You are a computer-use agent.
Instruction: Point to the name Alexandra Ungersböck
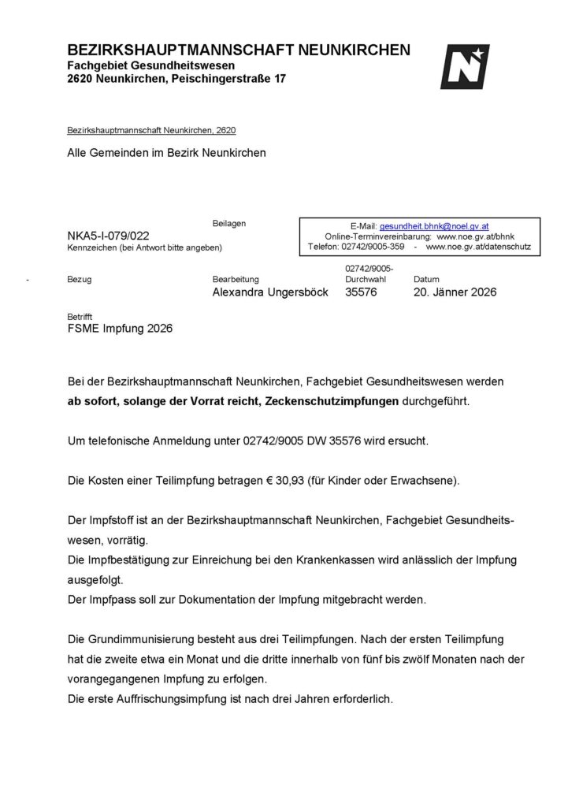[270, 292]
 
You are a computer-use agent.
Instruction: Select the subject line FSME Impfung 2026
[120, 329]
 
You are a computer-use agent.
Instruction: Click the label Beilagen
[229, 224]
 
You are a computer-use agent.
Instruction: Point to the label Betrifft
[80, 317]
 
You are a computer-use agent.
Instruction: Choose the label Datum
[426, 280]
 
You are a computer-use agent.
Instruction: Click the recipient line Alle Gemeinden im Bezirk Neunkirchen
[166, 153]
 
